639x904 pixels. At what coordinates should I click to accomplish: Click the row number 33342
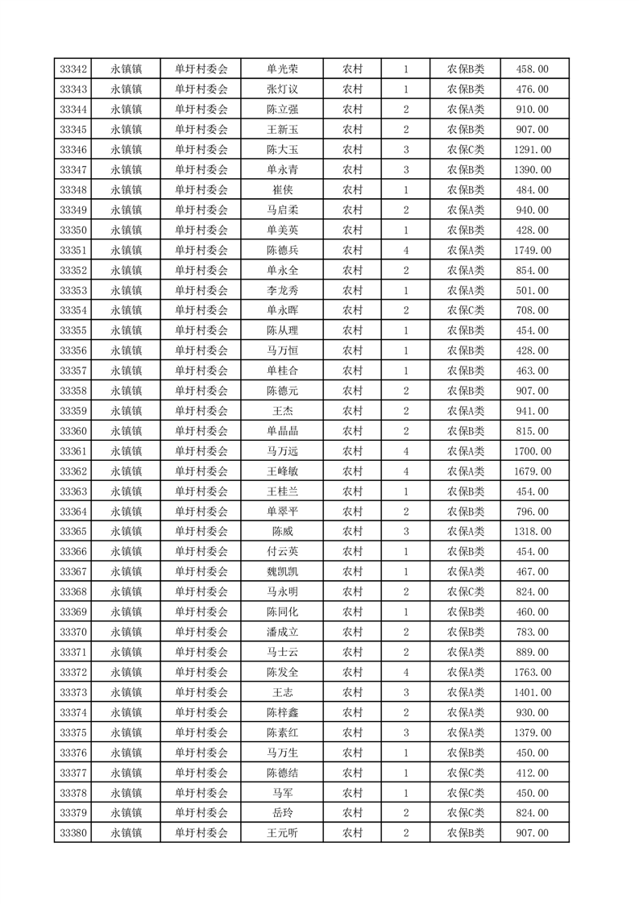[x=73, y=69]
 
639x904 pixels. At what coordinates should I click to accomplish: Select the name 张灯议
[x=282, y=89]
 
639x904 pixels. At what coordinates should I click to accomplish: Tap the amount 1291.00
[x=532, y=150]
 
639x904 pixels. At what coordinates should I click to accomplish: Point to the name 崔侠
[x=282, y=190]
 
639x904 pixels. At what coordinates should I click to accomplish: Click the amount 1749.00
[x=532, y=251]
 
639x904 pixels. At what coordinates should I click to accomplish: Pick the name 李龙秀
[x=282, y=291]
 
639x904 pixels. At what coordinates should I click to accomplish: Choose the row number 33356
[x=73, y=351]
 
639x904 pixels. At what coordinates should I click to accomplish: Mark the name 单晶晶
[x=282, y=431]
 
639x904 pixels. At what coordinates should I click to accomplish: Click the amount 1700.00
[x=532, y=451]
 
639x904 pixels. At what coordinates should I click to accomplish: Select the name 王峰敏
[x=282, y=471]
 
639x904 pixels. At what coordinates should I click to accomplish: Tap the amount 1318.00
[x=532, y=532]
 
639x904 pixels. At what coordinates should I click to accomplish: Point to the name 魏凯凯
[x=282, y=572]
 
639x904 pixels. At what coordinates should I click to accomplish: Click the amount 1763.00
[x=532, y=672]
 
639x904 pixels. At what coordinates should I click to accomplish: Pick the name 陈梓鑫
[x=282, y=712]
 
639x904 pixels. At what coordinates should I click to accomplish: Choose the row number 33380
[x=73, y=833]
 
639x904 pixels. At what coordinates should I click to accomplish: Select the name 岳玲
[x=282, y=813]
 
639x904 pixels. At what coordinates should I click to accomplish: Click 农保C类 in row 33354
[x=466, y=311]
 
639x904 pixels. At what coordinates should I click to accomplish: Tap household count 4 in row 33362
[x=405, y=471]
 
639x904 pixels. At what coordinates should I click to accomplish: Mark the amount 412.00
[x=532, y=773]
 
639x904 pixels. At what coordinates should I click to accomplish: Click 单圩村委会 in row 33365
[x=201, y=532]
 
